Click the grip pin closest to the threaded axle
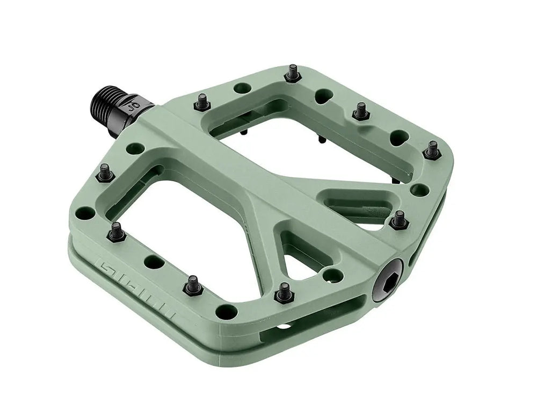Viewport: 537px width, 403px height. pyautogui.click(x=202, y=102)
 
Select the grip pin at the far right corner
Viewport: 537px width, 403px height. pyautogui.click(x=432, y=150)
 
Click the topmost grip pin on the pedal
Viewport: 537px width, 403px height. pyautogui.click(x=293, y=72)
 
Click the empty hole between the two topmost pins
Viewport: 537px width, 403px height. pyautogui.click(x=323, y=96)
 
